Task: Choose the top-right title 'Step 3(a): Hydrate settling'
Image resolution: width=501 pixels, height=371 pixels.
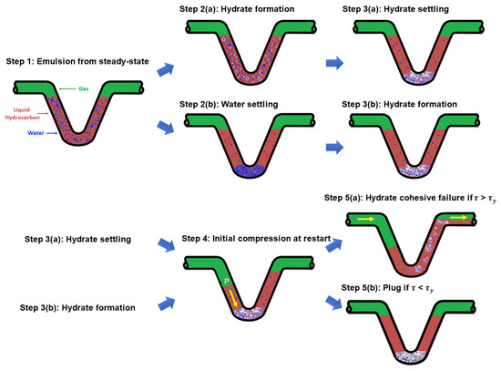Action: coord(392,8)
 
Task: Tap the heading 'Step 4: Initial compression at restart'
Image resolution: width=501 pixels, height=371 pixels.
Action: coord(250,236)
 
